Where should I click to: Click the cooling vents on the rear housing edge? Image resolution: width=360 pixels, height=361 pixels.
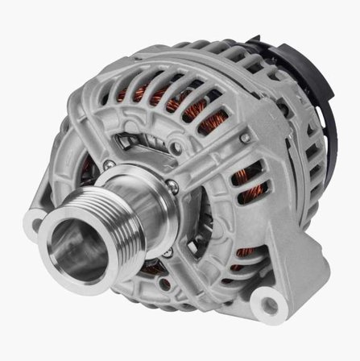click(x=310, y=185)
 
